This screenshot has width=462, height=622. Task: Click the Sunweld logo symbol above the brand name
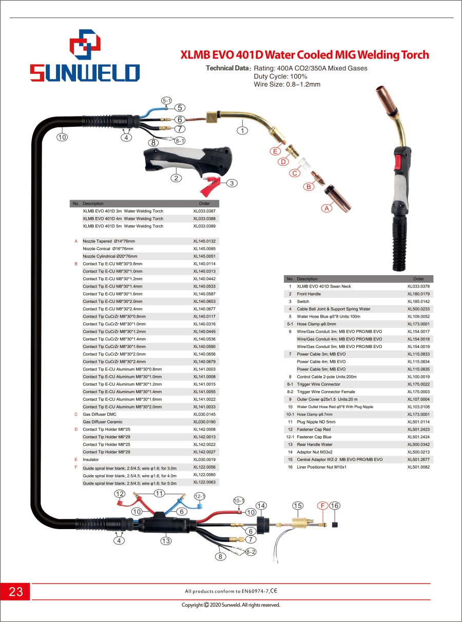[85, 44]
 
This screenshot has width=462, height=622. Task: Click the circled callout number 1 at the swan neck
[242, 130]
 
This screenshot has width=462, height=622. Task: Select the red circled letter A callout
[326, 208]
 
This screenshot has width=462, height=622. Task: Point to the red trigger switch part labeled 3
[209, 186]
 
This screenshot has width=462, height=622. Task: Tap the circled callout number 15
[298, 506]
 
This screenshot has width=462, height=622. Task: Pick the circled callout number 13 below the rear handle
[166, 541]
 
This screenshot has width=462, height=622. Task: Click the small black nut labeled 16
[334, 524]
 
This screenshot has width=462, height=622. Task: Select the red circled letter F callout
[322, 506]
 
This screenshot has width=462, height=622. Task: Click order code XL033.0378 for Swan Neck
[418, 286]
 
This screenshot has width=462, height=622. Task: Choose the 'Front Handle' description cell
[309, 294]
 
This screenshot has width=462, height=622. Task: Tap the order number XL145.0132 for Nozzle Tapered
[204, 241]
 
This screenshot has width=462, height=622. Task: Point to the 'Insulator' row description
[91, 459]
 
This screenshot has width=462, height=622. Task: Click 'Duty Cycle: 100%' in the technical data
[280, 76]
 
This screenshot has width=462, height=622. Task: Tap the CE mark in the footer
[274, 591]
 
